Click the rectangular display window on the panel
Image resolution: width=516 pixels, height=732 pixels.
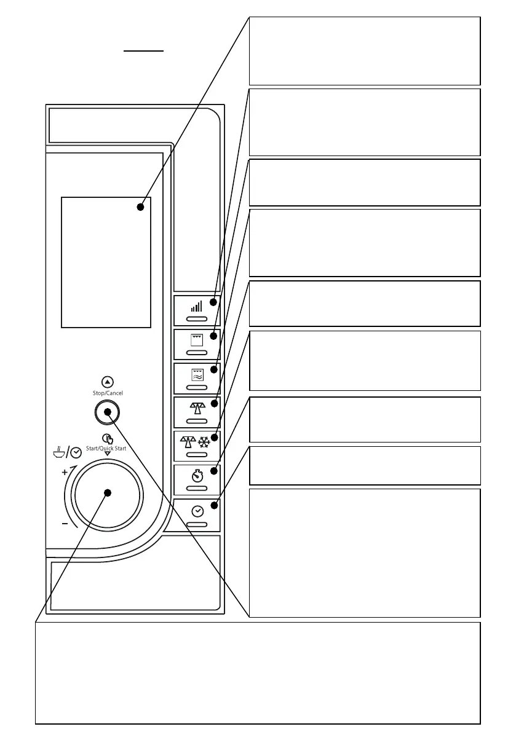(106, 262)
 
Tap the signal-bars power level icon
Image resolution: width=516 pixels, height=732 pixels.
(196, 306)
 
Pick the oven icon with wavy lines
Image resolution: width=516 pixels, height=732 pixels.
(197, 374)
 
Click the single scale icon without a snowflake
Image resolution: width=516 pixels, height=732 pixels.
(197, 406)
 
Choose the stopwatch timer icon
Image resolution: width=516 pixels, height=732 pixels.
(197, 475)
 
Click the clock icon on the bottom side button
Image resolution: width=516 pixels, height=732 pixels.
(197, 510)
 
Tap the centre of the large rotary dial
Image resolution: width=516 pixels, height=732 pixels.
(108, 492)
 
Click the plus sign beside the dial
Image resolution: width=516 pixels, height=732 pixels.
(65, 472)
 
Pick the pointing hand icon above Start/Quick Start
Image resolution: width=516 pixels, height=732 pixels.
(107, 438)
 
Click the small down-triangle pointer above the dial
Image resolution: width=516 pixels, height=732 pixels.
(108, 455)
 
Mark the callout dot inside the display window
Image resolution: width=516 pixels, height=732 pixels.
(140, 207)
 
